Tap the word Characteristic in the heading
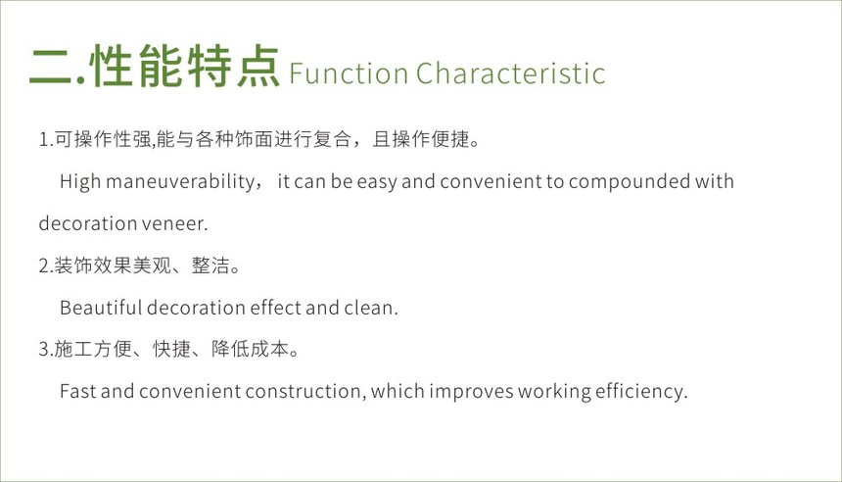(x=511, y=73)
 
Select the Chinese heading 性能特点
(x=186, y=66)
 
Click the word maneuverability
(x=180, y=181)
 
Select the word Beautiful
(x=101, y=308)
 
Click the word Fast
(x=78, y=391)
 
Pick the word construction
(x=304, y=391)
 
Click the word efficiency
(x=641, y=391)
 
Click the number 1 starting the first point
(x=43, y=140)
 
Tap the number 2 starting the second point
(x=44, y=265)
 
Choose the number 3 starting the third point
(x=44, y=350)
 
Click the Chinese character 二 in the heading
(x=51, y=67)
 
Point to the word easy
(x=376, y=182)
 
